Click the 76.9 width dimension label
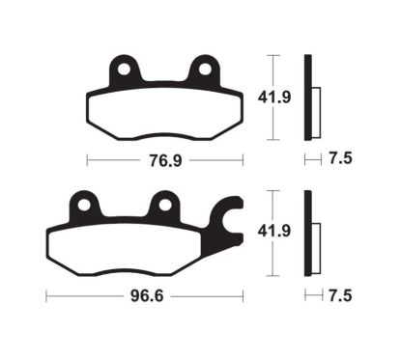(x=163, y=157)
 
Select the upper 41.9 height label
(x=290, y=97)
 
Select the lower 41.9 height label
(x=290, y=233)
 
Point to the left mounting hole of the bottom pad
(x=83, y=204)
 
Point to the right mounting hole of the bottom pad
(x=164, y=204)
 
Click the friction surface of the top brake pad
(x=164, y=111)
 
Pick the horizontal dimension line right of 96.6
(x=203, y=291)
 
